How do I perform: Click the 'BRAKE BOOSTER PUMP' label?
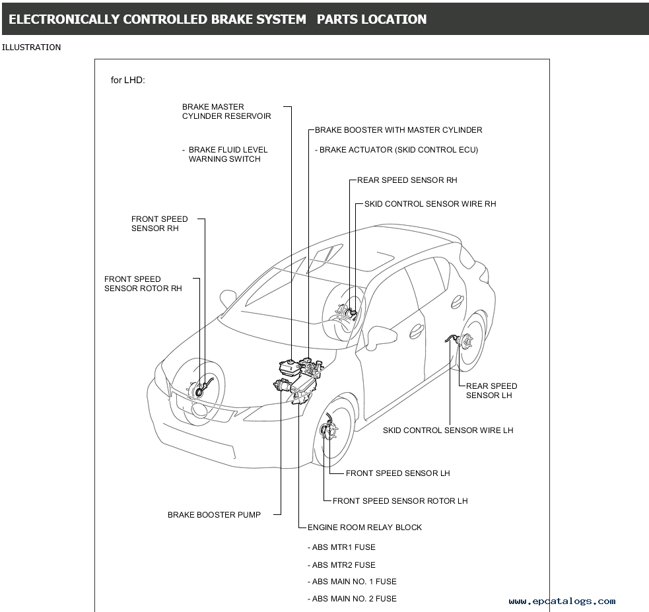click(x=214, y=515)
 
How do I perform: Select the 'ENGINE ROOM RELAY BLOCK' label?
click(x=364, y=527)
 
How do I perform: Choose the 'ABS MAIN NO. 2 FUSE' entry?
click(x=354, y=599)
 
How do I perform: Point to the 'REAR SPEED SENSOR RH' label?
click(x=407, y=180)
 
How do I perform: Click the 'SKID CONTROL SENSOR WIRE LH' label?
click(x=448, y=430)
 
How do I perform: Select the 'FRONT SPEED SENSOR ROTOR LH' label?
click(x=399, y=501)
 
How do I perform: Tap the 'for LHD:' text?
click(x=127, y=80)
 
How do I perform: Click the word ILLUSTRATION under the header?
click(x=32, y=48)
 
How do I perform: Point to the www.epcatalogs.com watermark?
click(x=562, y=601)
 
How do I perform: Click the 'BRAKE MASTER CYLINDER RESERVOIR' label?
click(x=226, y=112)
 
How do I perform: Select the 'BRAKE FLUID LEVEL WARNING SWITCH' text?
click(x=227, y=154)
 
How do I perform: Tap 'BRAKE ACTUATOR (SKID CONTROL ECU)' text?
click(x=398, y=150)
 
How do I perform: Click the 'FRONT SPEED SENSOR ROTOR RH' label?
click(x=143, y=284)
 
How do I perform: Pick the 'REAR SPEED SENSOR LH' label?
click(x=491, y=391)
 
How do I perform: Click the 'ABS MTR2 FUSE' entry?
click(x=343, y=565)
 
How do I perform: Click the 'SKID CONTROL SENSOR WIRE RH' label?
click(x=430, y=204)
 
